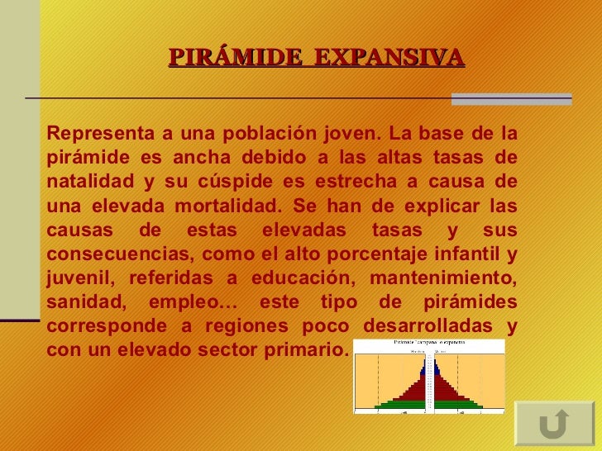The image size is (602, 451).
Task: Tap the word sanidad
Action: coord(82,301)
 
